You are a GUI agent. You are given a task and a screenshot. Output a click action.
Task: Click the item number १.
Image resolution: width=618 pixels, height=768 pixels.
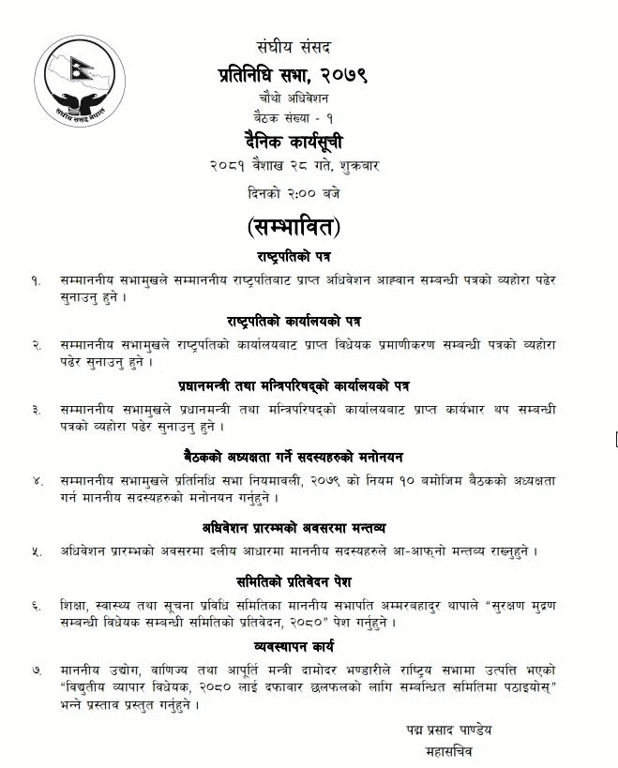pyautogui.click(x=37, y=279)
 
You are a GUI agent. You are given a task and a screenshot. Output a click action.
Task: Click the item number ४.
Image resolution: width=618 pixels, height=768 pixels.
pyautogui.click(x=37, y=480)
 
